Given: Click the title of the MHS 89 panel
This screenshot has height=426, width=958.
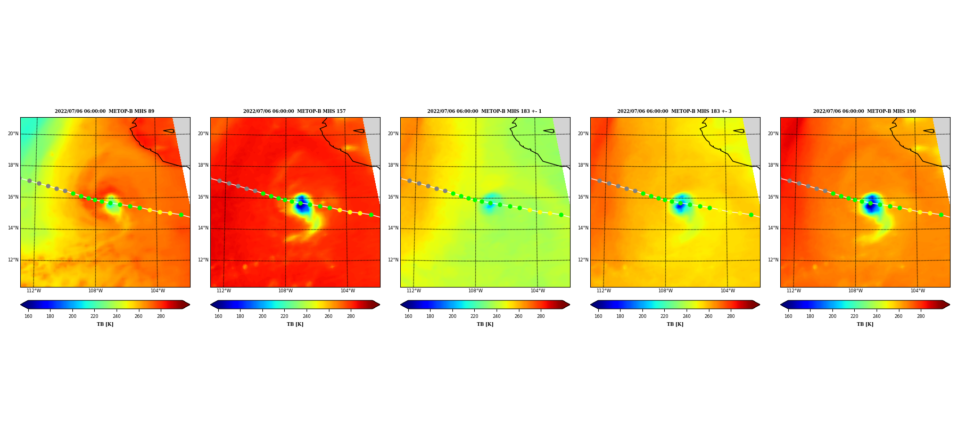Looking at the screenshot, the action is pos(104,111).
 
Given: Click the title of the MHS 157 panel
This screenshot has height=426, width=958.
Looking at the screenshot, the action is pos(294,111).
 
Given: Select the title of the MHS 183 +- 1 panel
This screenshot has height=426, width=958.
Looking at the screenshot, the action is pos(484,111).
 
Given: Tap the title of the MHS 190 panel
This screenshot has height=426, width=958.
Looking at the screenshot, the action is pos(864,111).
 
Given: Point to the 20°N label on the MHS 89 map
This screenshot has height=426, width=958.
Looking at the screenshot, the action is pos(13,134).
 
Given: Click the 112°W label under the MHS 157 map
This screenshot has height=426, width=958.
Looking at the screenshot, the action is pos(224,291).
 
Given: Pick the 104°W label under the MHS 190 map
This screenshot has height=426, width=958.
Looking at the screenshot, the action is pos(918,291).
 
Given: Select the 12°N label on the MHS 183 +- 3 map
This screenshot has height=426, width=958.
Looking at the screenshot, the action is pos(583,260).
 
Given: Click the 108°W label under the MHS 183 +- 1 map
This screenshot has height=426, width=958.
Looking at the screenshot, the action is pos(475,291).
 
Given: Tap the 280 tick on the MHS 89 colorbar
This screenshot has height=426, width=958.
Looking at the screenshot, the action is pos(161,316).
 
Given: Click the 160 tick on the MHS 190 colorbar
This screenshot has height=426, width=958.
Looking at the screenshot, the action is pos(788,316).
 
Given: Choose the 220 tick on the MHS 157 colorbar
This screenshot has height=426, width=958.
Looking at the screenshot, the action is pos(284,316).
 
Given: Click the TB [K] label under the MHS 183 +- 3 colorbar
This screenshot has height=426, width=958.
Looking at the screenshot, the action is pos(675,324).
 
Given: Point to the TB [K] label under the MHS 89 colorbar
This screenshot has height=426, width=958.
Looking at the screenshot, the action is pos(105,324).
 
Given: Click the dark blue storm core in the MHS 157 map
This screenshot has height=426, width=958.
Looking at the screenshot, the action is pos(302,205).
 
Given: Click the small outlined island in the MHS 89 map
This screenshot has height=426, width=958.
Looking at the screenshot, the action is pos(169,130).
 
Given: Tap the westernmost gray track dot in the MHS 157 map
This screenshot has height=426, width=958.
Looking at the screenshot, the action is pos(219,181).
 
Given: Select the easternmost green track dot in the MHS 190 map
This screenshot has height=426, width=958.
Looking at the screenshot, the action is pos(941,215).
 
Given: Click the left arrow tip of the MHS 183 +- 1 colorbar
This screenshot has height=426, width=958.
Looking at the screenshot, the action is pos(401,305).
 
